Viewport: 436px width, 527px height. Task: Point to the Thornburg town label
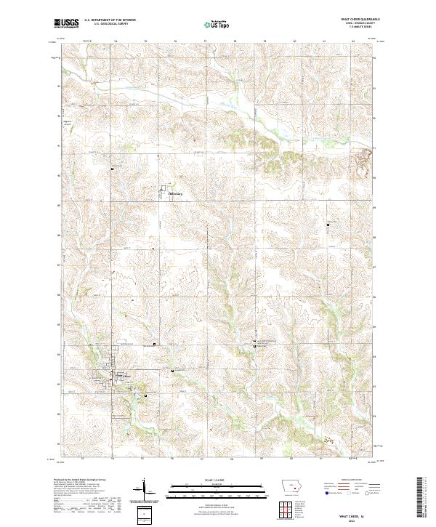[x=177, y=194]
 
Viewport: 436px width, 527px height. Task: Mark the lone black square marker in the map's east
[x=328, y=225]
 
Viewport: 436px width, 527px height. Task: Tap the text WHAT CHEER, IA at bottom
[x=357, y=512]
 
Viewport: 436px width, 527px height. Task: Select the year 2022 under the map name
[x=357, y=518]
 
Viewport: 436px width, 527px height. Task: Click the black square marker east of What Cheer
[x=172, y=371]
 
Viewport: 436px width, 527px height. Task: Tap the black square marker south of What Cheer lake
[x=145, y=395]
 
